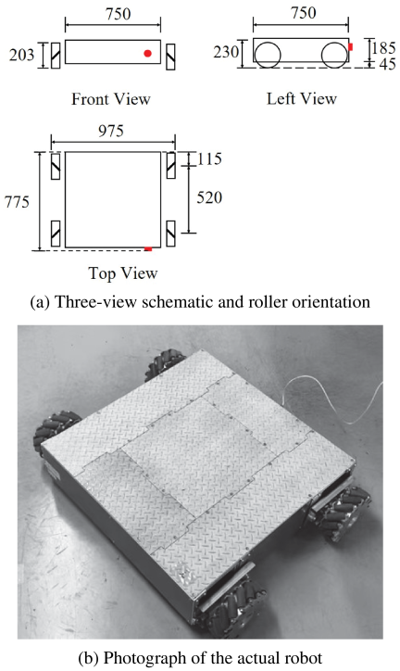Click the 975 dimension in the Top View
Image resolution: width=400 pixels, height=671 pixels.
111,131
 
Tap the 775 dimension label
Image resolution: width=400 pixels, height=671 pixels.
17,201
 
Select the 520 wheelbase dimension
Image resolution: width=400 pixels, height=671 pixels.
209,197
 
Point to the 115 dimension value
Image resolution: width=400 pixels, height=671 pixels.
209,159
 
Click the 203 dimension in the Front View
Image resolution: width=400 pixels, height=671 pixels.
22,55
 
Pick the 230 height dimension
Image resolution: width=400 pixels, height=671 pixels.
226,52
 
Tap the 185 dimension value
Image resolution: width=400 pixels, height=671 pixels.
383,48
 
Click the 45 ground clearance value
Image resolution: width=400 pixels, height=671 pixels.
387,64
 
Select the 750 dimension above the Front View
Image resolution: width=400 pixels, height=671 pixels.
118,14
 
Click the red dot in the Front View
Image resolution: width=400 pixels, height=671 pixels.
148,54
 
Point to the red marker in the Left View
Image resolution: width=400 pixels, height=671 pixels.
350,46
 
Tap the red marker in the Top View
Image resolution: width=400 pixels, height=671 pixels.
148,248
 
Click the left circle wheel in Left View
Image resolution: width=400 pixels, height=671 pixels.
267,55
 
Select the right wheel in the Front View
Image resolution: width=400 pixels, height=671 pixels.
170,57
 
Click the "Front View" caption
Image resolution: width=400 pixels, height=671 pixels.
111,99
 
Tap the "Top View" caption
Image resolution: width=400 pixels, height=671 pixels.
123,273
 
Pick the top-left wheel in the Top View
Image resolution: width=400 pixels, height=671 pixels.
56,166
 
